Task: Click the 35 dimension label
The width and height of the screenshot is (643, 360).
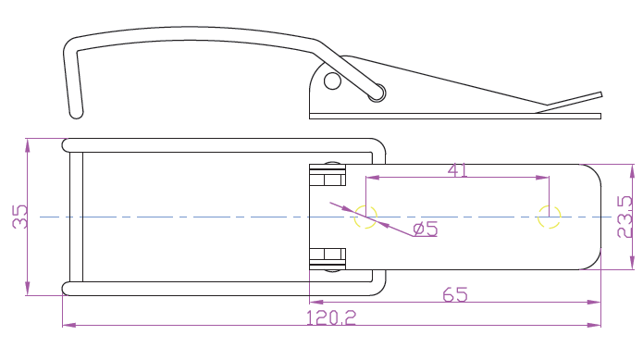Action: [x=19, y=217]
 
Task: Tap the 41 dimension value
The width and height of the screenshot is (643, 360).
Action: [x=457, y=170]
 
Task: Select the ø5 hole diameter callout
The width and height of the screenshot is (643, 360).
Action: [x=426, y=229]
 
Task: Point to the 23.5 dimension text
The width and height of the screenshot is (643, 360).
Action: [x=624, y=217]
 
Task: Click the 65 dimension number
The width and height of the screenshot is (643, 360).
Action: [x=455, y=295]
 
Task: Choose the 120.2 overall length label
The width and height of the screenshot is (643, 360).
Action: [x=332, y=317]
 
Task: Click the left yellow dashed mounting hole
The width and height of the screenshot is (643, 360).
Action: [x=365, y=217]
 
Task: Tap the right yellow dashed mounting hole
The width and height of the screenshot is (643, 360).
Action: [x=549, y=217]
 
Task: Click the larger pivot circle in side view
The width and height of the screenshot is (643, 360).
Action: [x=332, y=81]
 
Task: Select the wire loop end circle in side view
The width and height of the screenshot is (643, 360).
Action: [x=377, y=93]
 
